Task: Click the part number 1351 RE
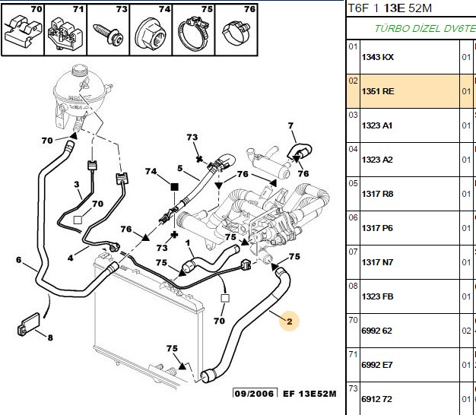click(378, 91)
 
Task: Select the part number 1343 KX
click(377, 57)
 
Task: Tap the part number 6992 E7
click(376, 365)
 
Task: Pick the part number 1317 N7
click(377, 262)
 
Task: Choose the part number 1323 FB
click(377, 296)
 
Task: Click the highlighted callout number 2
click(289, 322)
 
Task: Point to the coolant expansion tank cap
click(80, 71)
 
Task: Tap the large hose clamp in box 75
click(193, 34)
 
